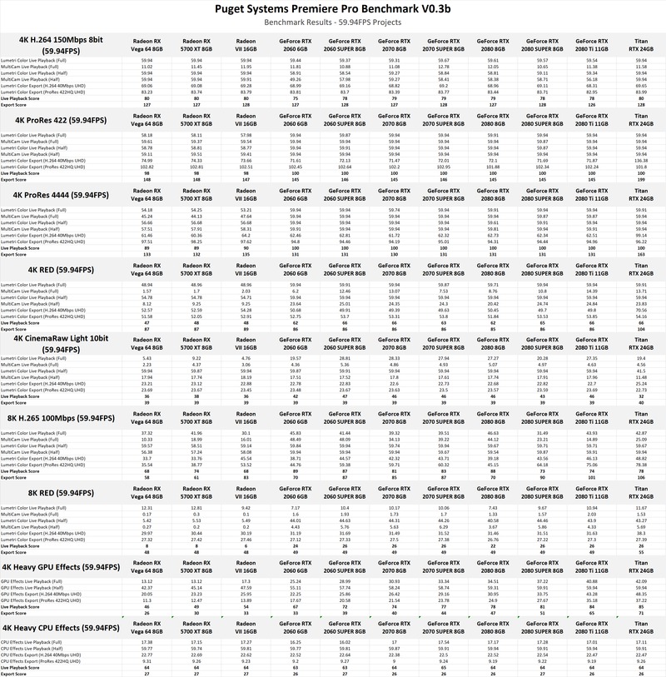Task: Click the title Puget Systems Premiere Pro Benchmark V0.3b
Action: pyautogui.click(x=333, y=10)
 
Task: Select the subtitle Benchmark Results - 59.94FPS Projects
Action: pyautogui.click(x=333, y=25)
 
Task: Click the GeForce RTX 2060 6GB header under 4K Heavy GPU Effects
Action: pyautogui.click(x=296, y=569)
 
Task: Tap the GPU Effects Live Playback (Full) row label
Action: pyautogui.click(x=37, y=581)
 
